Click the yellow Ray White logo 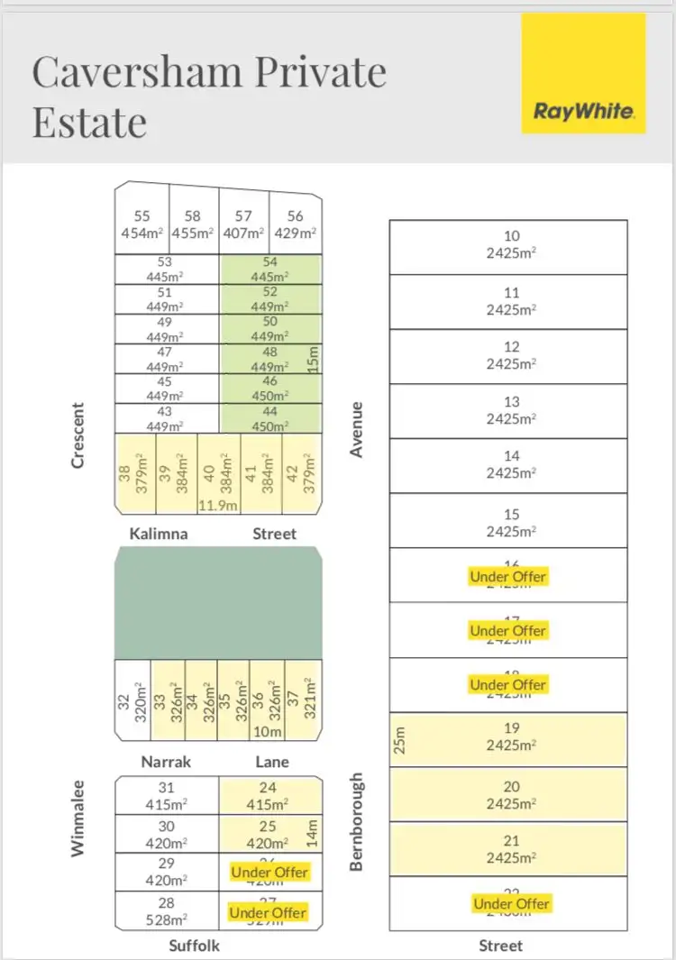click(x=584, y=73)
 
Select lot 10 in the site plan click(x=508, y=245)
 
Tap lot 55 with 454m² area click(x=142, y=224)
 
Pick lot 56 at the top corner click(x=296, y=224)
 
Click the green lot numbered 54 click(x=269, y=269)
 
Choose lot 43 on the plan click(x=166, y=418)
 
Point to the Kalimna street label click(x=159, y=534)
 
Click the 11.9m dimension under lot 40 click(x=218, y=506)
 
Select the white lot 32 click(x=133, y=700)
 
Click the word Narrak click(x=166, y=762)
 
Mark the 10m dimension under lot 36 click(x=268, y=732)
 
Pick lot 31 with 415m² click(x=167, y=796)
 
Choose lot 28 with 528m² click(x=167, y=910)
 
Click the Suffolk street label click(x=194, y=946)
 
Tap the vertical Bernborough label click(x=357, y=821)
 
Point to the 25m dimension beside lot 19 click(x=401, y=740)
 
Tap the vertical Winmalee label click(x=78, y=817)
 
